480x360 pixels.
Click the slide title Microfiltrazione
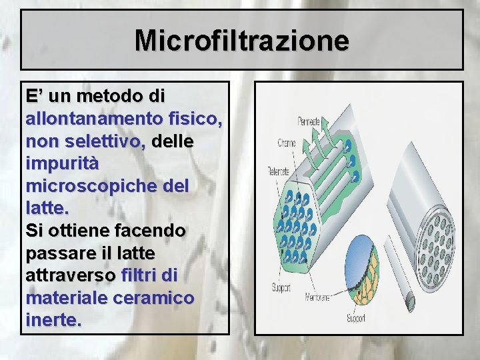coord(241,40)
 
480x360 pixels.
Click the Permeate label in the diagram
coord(308,122)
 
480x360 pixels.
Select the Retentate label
coord(278,171)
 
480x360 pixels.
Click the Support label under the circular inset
coord(355,318)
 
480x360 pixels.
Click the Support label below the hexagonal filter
coord(281,289)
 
